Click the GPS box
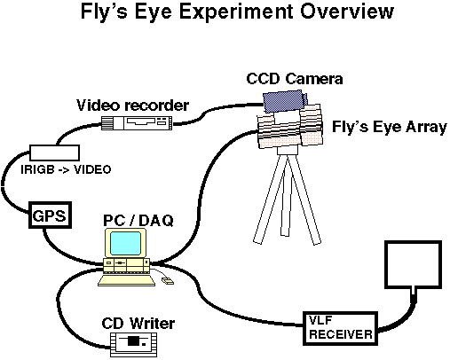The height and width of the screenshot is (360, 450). [50, 215]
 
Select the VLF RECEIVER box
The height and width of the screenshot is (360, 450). [340, 328]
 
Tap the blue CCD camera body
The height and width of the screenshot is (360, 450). [285, 101]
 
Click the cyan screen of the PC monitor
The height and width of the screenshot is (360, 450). [125, 243]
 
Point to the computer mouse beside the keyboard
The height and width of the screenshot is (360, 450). [168, 281]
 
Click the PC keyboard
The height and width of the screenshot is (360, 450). [127, 280]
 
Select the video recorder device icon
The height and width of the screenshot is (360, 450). [137, 122]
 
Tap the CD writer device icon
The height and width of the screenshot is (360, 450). [133, 344]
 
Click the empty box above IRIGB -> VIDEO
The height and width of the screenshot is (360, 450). [54, 153]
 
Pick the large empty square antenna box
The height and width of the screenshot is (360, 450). [414, 264]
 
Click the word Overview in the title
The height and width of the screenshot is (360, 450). [347, 12]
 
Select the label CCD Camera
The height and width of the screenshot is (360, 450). [295, 79]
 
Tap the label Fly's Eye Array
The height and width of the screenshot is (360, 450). [390, 127]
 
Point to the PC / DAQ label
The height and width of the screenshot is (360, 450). [138, 221]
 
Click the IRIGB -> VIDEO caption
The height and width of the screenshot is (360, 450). [66, 169]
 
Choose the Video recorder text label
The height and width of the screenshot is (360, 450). [133, 106]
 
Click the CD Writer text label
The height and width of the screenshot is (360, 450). [138, 324]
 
